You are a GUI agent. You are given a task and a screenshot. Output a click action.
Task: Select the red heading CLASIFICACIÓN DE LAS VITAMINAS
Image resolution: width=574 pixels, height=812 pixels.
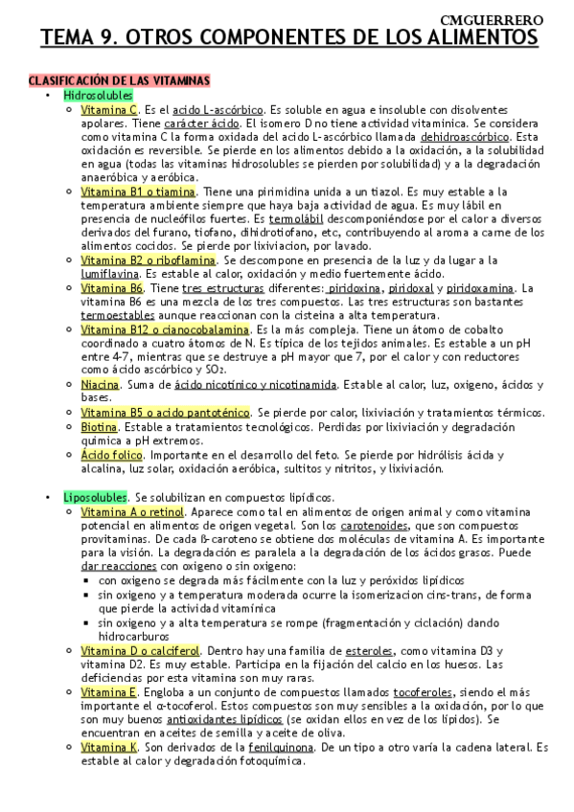(120, 80)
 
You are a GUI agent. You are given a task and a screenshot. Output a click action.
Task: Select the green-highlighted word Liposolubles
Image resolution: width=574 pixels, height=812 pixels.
(95, 498)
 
